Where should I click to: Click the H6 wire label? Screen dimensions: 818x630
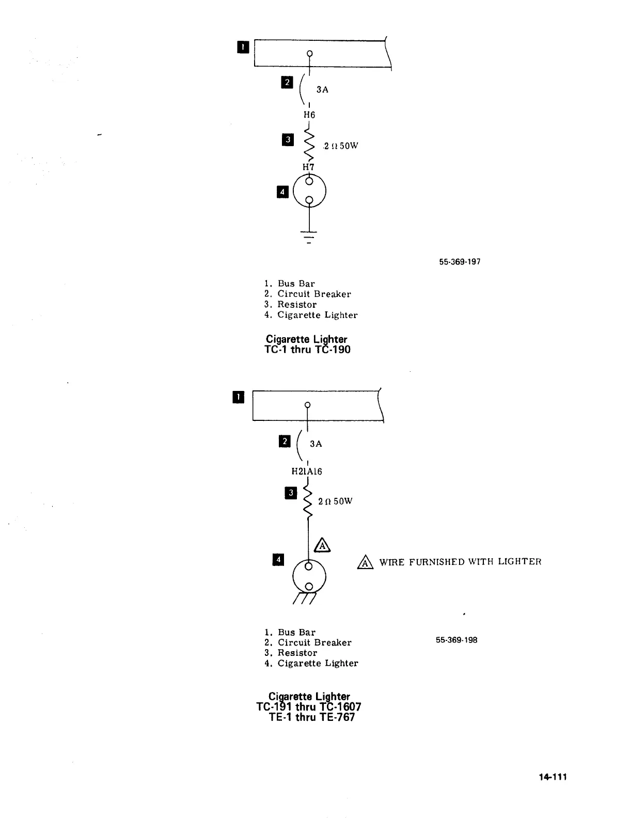pyautogui.click(x=309, y=115)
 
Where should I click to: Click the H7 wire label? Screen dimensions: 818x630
pyautogui.click(x=308, y=167)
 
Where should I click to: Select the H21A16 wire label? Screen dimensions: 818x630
pyautogui.click(x=307, y=471)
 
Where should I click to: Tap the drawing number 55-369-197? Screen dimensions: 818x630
pyautogui.click(x=460, y=262)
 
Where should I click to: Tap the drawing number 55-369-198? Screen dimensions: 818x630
pyautogui.click(x=456, y=640)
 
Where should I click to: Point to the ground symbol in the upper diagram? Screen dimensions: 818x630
pyautogui.click(x=309, y=237)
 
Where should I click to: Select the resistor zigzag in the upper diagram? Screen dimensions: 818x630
pyautogui.click(x=309, y=145)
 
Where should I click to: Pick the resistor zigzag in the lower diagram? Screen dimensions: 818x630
pyautogui.click(x=308, y=501)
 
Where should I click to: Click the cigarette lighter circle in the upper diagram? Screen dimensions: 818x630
pyautogui.click(x=309, y=192)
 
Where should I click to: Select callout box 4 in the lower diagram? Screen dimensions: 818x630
pyautogui.click(x=278, y=559)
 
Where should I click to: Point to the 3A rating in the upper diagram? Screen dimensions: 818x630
pyautogui.click(x=322, y=90)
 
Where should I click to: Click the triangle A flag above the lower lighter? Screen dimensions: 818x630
pyautogui.click(x=322, y=545)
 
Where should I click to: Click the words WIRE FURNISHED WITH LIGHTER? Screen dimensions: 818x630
pyautogui.click(x=460, y=562)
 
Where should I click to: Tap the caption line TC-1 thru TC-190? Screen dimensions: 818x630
pyautogui.click(x=308, y=350)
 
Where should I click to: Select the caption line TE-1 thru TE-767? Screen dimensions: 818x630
pyautogui.click(x=312, y=717)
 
